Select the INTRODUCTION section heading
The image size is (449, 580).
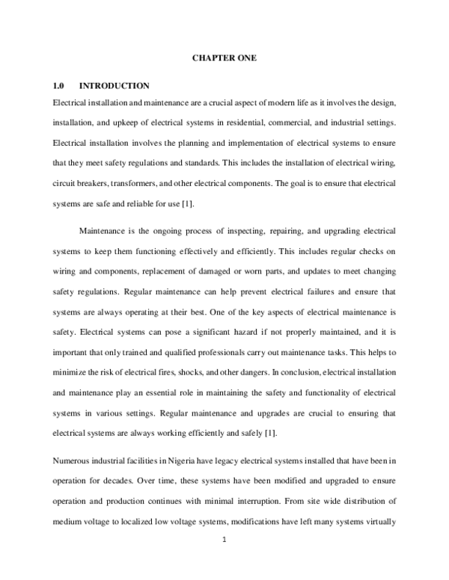tap(114, 86)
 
